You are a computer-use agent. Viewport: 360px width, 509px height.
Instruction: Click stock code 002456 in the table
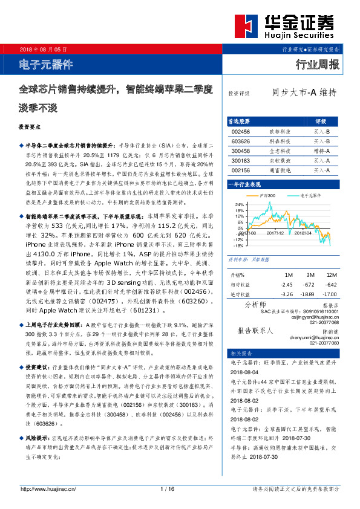[x=241, y=131]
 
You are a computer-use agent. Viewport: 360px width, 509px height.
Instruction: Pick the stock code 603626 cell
[x=241, y=141]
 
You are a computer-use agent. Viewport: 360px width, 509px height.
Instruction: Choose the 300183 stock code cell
[x=241, y=161]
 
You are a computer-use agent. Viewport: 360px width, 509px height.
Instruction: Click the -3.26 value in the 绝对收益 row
[x=287, y=295]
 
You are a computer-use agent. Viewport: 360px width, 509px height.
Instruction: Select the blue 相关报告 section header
[x=238, y=353]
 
